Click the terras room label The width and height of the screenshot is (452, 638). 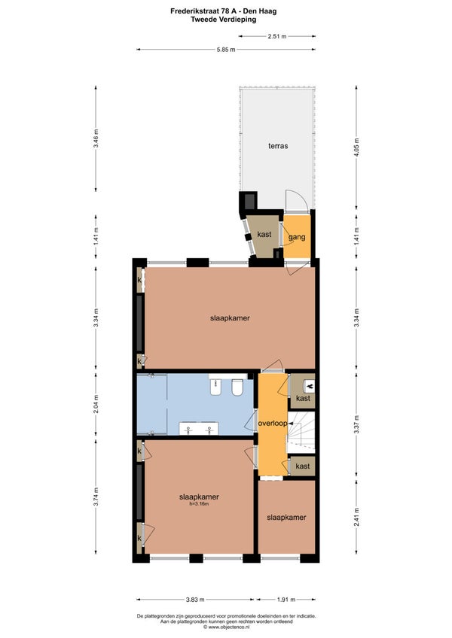(278, 146)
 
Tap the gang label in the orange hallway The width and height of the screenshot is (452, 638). (297, 237)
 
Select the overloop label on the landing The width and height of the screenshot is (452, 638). (273, 423)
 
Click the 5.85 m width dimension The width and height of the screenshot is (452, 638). (226, 50)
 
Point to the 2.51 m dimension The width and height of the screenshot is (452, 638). (277, 36)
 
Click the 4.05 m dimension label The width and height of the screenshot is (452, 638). (356, 147)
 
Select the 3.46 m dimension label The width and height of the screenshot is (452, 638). (96, 138)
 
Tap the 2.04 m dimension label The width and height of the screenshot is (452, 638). (96, 404)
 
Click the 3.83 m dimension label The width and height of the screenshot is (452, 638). (195, 600)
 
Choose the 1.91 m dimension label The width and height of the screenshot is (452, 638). (286, 600)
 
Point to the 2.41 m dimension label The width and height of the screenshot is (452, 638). (356, 517)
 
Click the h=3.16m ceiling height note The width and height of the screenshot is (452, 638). (199, 504)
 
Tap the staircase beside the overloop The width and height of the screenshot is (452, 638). (301, 432)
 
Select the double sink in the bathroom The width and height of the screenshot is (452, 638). (199, 428)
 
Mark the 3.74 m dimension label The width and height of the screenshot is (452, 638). (96, 497)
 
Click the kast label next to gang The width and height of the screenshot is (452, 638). (264, 235)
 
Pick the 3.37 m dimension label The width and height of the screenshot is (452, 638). (356, 424)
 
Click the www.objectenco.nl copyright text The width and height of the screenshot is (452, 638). (226, 627)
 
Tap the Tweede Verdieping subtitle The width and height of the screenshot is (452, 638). (224, 19)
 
